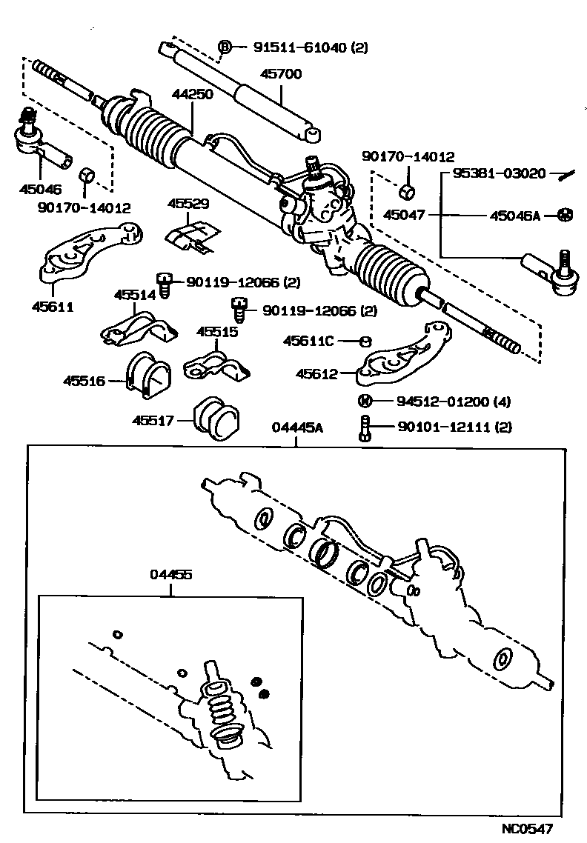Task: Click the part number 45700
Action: (x=281, y=75)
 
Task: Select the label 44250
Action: (x=193, y=95)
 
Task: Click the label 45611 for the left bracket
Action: (x=53, y=306)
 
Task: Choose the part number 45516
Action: (x=84, y=381)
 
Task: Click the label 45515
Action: (x=217, y=332)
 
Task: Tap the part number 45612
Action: (x=316, y=374)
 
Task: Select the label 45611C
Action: (x=309, y=341)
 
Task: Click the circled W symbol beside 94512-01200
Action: (x=365, y=401)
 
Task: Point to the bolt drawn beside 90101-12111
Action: (x=364, y=427)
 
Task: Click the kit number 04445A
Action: (x=296, y=427)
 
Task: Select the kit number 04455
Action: (x=170, y=575)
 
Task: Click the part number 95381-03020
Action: (x=494, y=174)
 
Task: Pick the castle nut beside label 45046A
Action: (x=565, y=216)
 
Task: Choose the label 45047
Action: (x=404, y=216)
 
